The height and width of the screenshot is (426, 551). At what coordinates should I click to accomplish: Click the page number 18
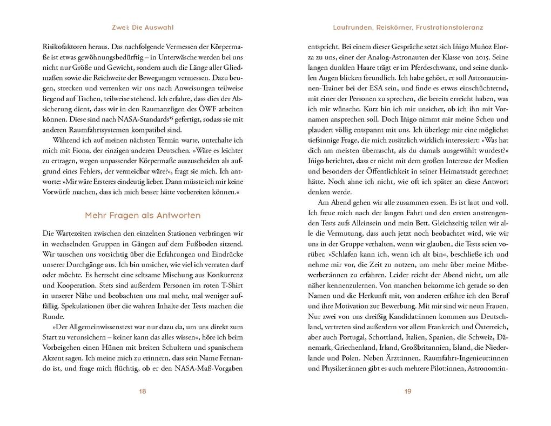[x=143, y=392]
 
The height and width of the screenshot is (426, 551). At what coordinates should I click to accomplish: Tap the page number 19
[x=408, y=392]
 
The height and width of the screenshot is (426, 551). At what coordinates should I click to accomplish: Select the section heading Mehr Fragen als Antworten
[x=143, y=216]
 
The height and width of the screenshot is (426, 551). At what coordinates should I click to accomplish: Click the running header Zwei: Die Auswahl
[x=143, y=26]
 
